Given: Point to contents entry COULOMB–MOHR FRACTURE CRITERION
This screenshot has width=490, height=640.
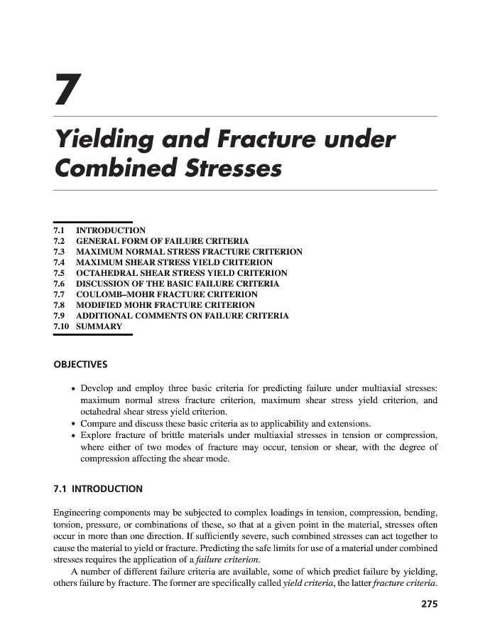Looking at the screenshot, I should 167,294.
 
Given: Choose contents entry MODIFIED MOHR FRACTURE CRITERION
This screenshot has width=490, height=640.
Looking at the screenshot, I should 161,305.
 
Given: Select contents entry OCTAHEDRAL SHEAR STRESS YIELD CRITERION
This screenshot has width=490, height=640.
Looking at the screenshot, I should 182,273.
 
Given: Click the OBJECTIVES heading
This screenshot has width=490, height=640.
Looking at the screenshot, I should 81,365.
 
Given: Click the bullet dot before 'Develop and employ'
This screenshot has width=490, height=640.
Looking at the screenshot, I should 74,390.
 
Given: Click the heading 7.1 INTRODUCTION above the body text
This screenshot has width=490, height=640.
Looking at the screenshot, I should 98,489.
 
